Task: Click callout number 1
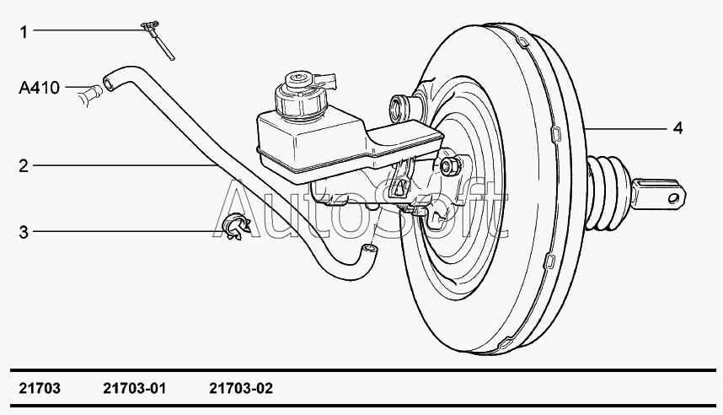pyautogui.click(x=24, y=32)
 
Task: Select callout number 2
pyautogui.click(x=24, y=167)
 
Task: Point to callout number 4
pyautogui.click(x=677, y=129)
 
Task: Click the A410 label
pyautogui.click(x=39, y=87)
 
